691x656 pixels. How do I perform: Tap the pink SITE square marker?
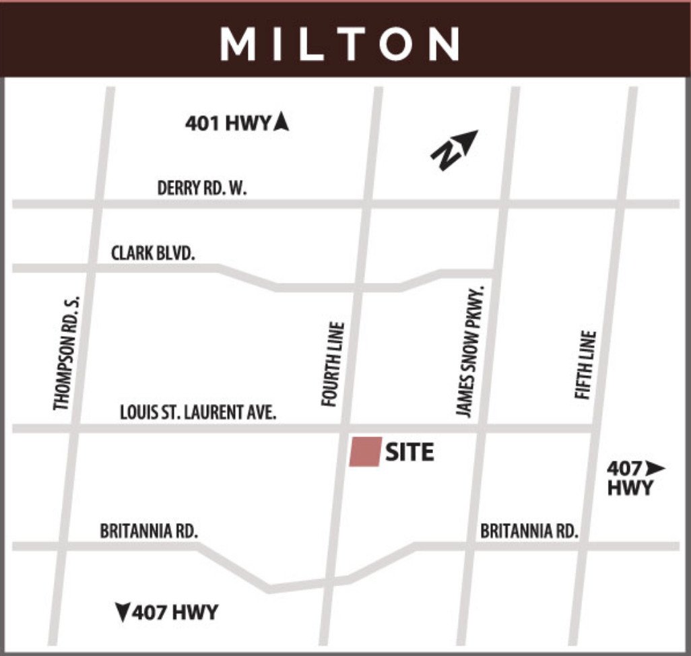pyautogui.click(x=366, y=451)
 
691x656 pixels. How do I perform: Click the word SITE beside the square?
pyautogui.click(x=409, y=452)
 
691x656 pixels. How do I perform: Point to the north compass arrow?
pyautogui.click(x=455, y=150)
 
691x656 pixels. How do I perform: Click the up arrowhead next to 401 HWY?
pyautogui.click(x=282, y=122)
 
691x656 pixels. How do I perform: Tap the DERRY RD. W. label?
pyautogui.click(x=202, y=188)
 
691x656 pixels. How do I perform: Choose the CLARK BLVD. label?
pyautogui.click(x=153, y=253)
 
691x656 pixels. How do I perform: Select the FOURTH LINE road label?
pyautogui.click(x=333, y=364)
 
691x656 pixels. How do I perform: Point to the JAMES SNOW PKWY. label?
pyautogui.click(x=470, y=350)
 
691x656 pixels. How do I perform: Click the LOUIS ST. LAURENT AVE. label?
pyautogui.click(x=198, y=412)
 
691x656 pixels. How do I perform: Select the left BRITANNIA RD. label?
pyautogui.click(x=149, y=531)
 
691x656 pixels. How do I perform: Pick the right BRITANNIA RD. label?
pyautogui.click(x=529, y=531)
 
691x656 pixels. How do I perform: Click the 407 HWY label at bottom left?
pyautogui.click(x=175, y=612)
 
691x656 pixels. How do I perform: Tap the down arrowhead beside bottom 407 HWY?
pyautogui.click(x=123, y=612)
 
